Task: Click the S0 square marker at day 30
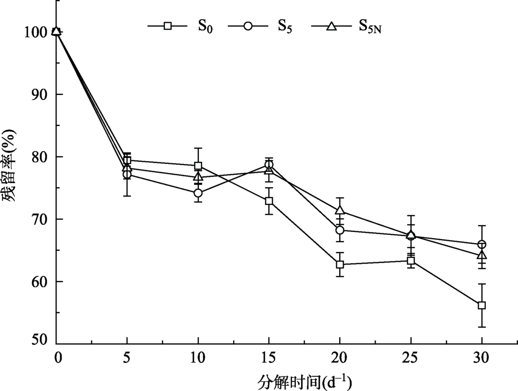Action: (x=482, y=305)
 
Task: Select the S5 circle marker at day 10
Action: (x=198, y=193)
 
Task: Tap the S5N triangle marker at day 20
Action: (x=340, y=211)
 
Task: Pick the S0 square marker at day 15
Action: (x=269, y=201)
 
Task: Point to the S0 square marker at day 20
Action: (x=340, y=264)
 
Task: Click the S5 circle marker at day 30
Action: (x=482, y=244)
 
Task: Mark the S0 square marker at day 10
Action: (x=198, y=166)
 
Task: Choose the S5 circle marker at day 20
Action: (x=340, y=230)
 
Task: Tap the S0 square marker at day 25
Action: (x=411, y=261)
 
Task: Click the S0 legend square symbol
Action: (x=167, y=25)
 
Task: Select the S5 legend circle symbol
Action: (x=248, y=25)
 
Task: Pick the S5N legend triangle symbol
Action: (x=330, y=25)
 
